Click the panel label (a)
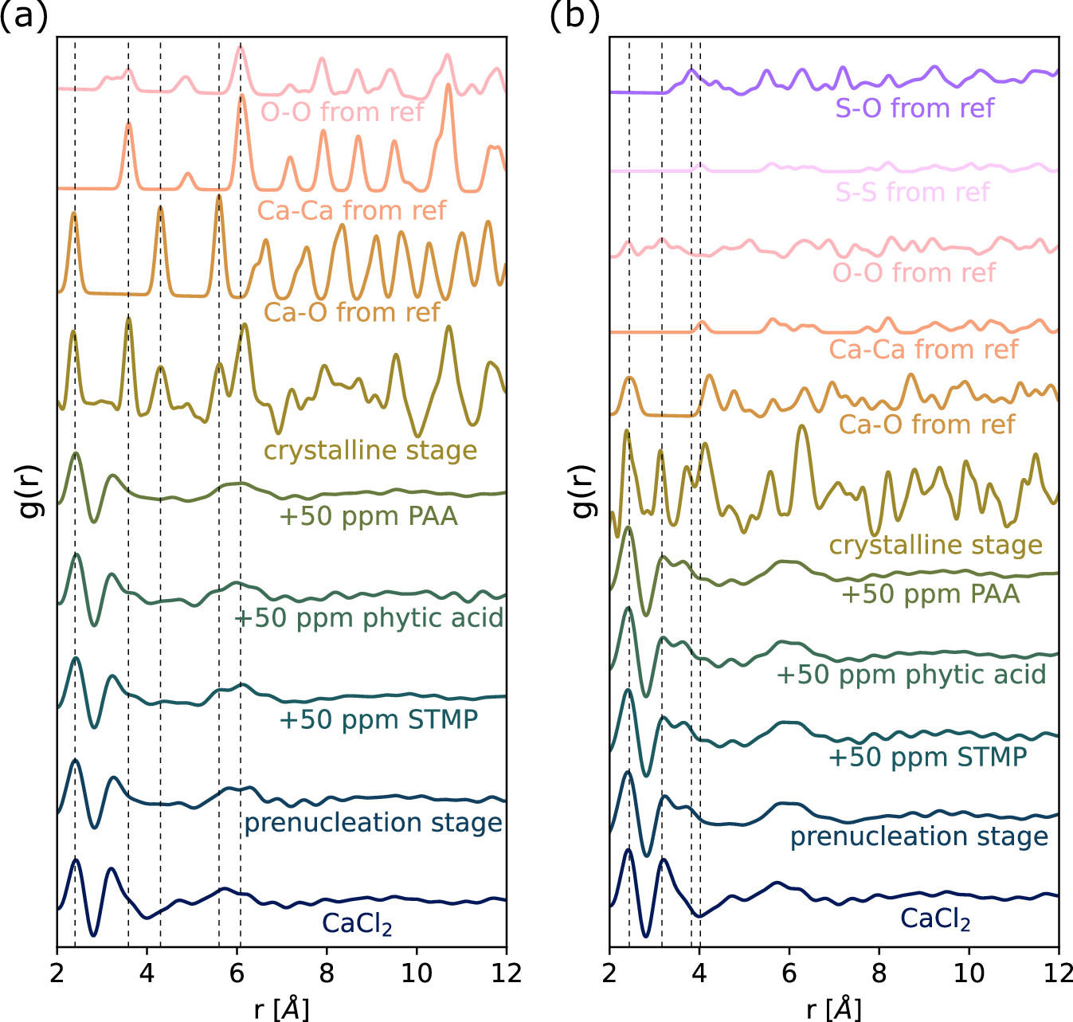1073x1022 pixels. (x=24, y=16)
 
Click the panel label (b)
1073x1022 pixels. (x=575, y=16)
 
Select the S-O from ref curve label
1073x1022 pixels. (x=914, y=108)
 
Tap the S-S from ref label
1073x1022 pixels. (x=912, y=192)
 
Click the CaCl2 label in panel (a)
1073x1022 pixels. (x=357, y=924)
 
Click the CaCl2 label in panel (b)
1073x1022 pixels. (x=935, y=918)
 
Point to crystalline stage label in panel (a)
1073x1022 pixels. (x=370, y=451)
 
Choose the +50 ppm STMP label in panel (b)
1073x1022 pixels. (x=927, y=757)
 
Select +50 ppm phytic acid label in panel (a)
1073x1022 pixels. (x=370, y=618)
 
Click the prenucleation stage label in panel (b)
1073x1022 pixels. (x=919, y=836)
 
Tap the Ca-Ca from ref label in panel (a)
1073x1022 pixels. (x=351, y=210)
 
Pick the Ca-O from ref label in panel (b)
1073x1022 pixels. (x=926, y=425)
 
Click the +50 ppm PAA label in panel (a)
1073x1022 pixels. (x=368, y=516)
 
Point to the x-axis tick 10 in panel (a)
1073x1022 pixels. (x=416, y=973)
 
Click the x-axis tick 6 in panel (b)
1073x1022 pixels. (x=789, y=973)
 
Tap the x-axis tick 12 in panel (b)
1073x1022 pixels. (x=1056, y=973)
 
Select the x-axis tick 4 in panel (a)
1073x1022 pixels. (x=147, y=973)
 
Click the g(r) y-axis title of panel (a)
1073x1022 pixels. (x=29, y=491)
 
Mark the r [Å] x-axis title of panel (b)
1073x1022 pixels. (x=833, y=1009)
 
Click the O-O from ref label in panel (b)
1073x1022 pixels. (x=914, y=272)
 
